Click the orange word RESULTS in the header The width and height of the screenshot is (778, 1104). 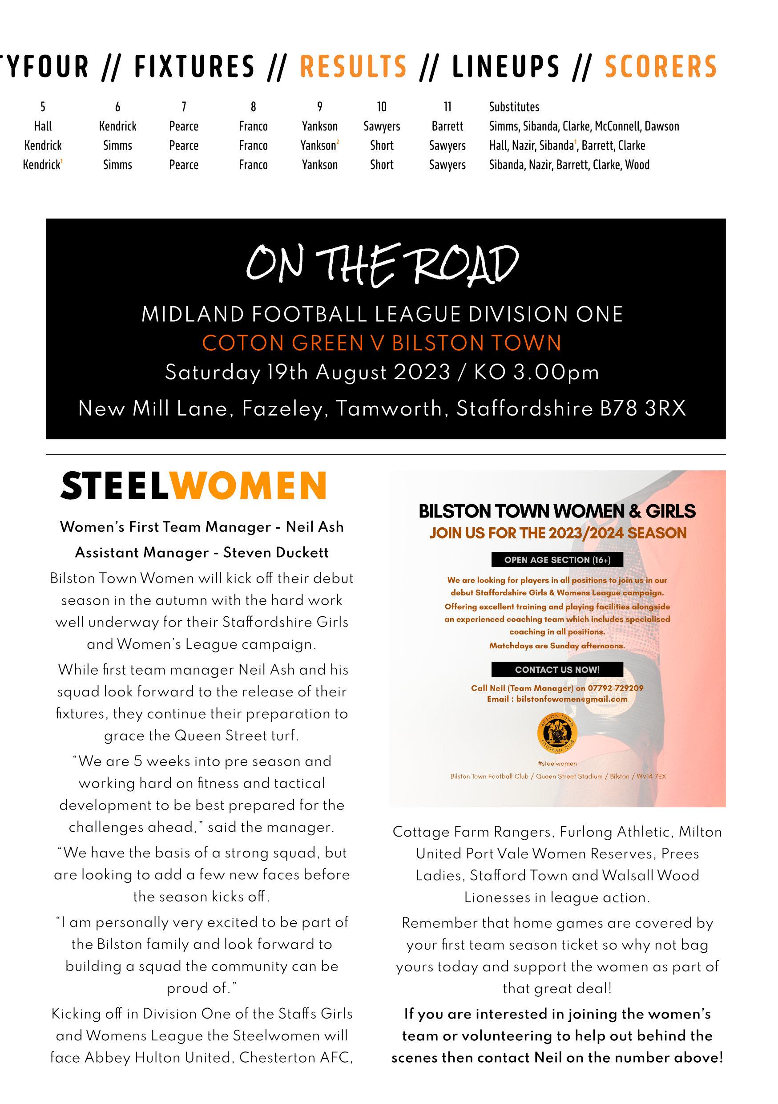point(353,66)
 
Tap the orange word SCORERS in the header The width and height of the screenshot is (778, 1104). point(660,66)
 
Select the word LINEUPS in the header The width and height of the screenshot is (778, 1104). point(506,66)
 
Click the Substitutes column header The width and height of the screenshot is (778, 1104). point(514,107)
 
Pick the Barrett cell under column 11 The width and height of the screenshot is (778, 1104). point(447,126)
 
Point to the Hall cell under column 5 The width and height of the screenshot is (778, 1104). point(43,126)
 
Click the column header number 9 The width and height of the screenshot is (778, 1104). point(319,107)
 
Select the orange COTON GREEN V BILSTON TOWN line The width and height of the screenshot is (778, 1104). point(382,344)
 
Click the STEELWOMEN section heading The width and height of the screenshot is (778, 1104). point(193,485)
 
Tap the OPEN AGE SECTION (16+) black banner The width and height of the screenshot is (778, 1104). point(557,560)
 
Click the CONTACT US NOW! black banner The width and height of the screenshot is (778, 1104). point(557,669)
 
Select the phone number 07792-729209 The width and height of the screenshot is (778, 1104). point(615,688)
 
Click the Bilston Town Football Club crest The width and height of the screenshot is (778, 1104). point(557,734)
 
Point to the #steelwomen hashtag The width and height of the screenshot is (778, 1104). point(557,763)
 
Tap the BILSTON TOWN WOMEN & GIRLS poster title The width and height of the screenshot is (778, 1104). point(557,511)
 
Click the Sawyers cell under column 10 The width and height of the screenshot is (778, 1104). point(382,126)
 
